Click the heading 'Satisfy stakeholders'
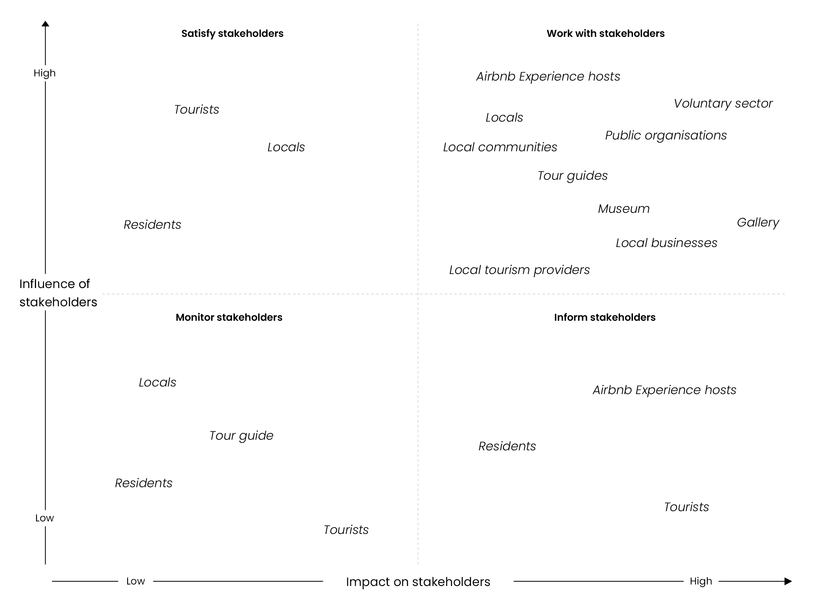pos(232,34)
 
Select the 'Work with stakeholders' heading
pos(606,34)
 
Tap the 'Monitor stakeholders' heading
pos(229,317)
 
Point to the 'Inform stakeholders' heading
pos(605,317)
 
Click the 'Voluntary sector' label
pos(723,103)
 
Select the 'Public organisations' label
pos(666,136)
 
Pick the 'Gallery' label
pos(758,223)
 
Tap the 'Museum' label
pos(624,209)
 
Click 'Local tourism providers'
pos(520,270)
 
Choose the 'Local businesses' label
pos(666,243)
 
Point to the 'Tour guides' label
pos(573,176)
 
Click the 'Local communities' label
pos(500,147)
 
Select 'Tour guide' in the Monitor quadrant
pos(241,436)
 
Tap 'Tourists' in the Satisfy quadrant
pos(197,109)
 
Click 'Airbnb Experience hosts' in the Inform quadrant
pos(664,390)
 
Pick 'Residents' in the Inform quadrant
pos(507,446)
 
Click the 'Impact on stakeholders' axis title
pos(418,582)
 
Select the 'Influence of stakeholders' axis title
pos(58,293)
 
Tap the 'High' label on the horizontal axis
pos(701,581)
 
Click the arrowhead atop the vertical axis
pos(46,24)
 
